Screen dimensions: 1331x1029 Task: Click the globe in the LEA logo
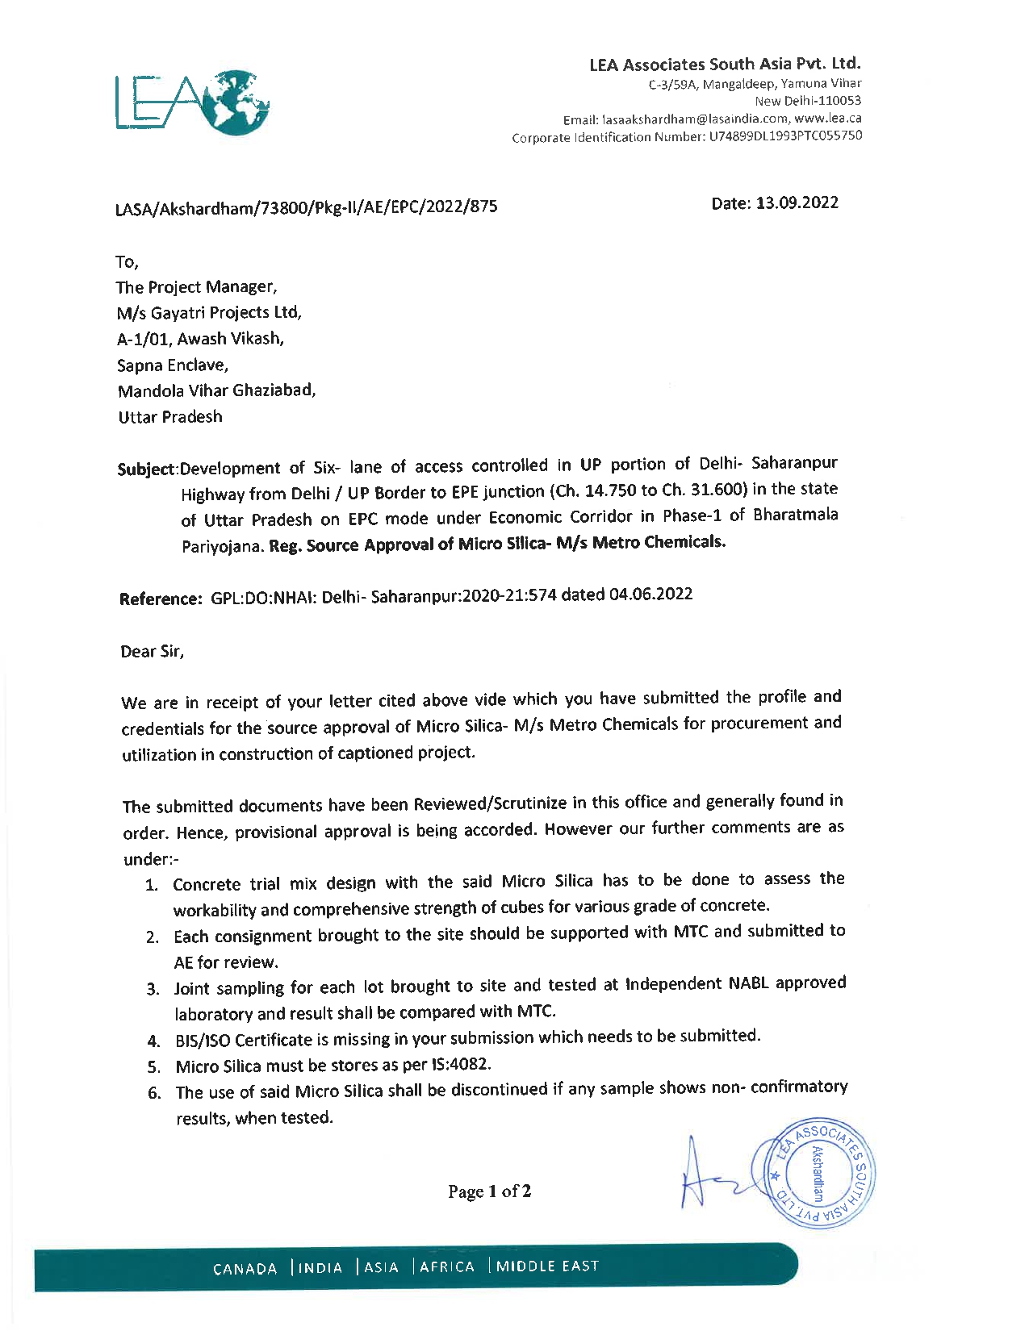(236, 102)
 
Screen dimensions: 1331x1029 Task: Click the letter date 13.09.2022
(797, 202)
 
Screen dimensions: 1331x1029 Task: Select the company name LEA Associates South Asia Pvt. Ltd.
(725, 64)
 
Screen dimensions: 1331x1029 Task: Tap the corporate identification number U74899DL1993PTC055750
(785, 136)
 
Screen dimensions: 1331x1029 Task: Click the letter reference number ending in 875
(307, 207)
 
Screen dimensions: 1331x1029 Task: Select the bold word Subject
(146, 469)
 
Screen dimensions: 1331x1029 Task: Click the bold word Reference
(160, 599)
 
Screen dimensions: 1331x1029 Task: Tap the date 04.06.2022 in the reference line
(650, 595)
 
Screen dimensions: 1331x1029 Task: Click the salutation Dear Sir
(153, 651)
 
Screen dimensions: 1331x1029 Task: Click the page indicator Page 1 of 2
(490, 1191)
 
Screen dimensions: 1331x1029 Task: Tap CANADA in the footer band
(245, 1269)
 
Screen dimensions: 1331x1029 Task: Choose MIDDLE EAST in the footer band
(548, 1266)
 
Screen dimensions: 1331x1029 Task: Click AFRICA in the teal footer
(447, 1266)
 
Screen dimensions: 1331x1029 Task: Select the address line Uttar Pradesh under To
(169, 417)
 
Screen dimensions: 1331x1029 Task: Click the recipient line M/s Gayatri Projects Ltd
(209, 313)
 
